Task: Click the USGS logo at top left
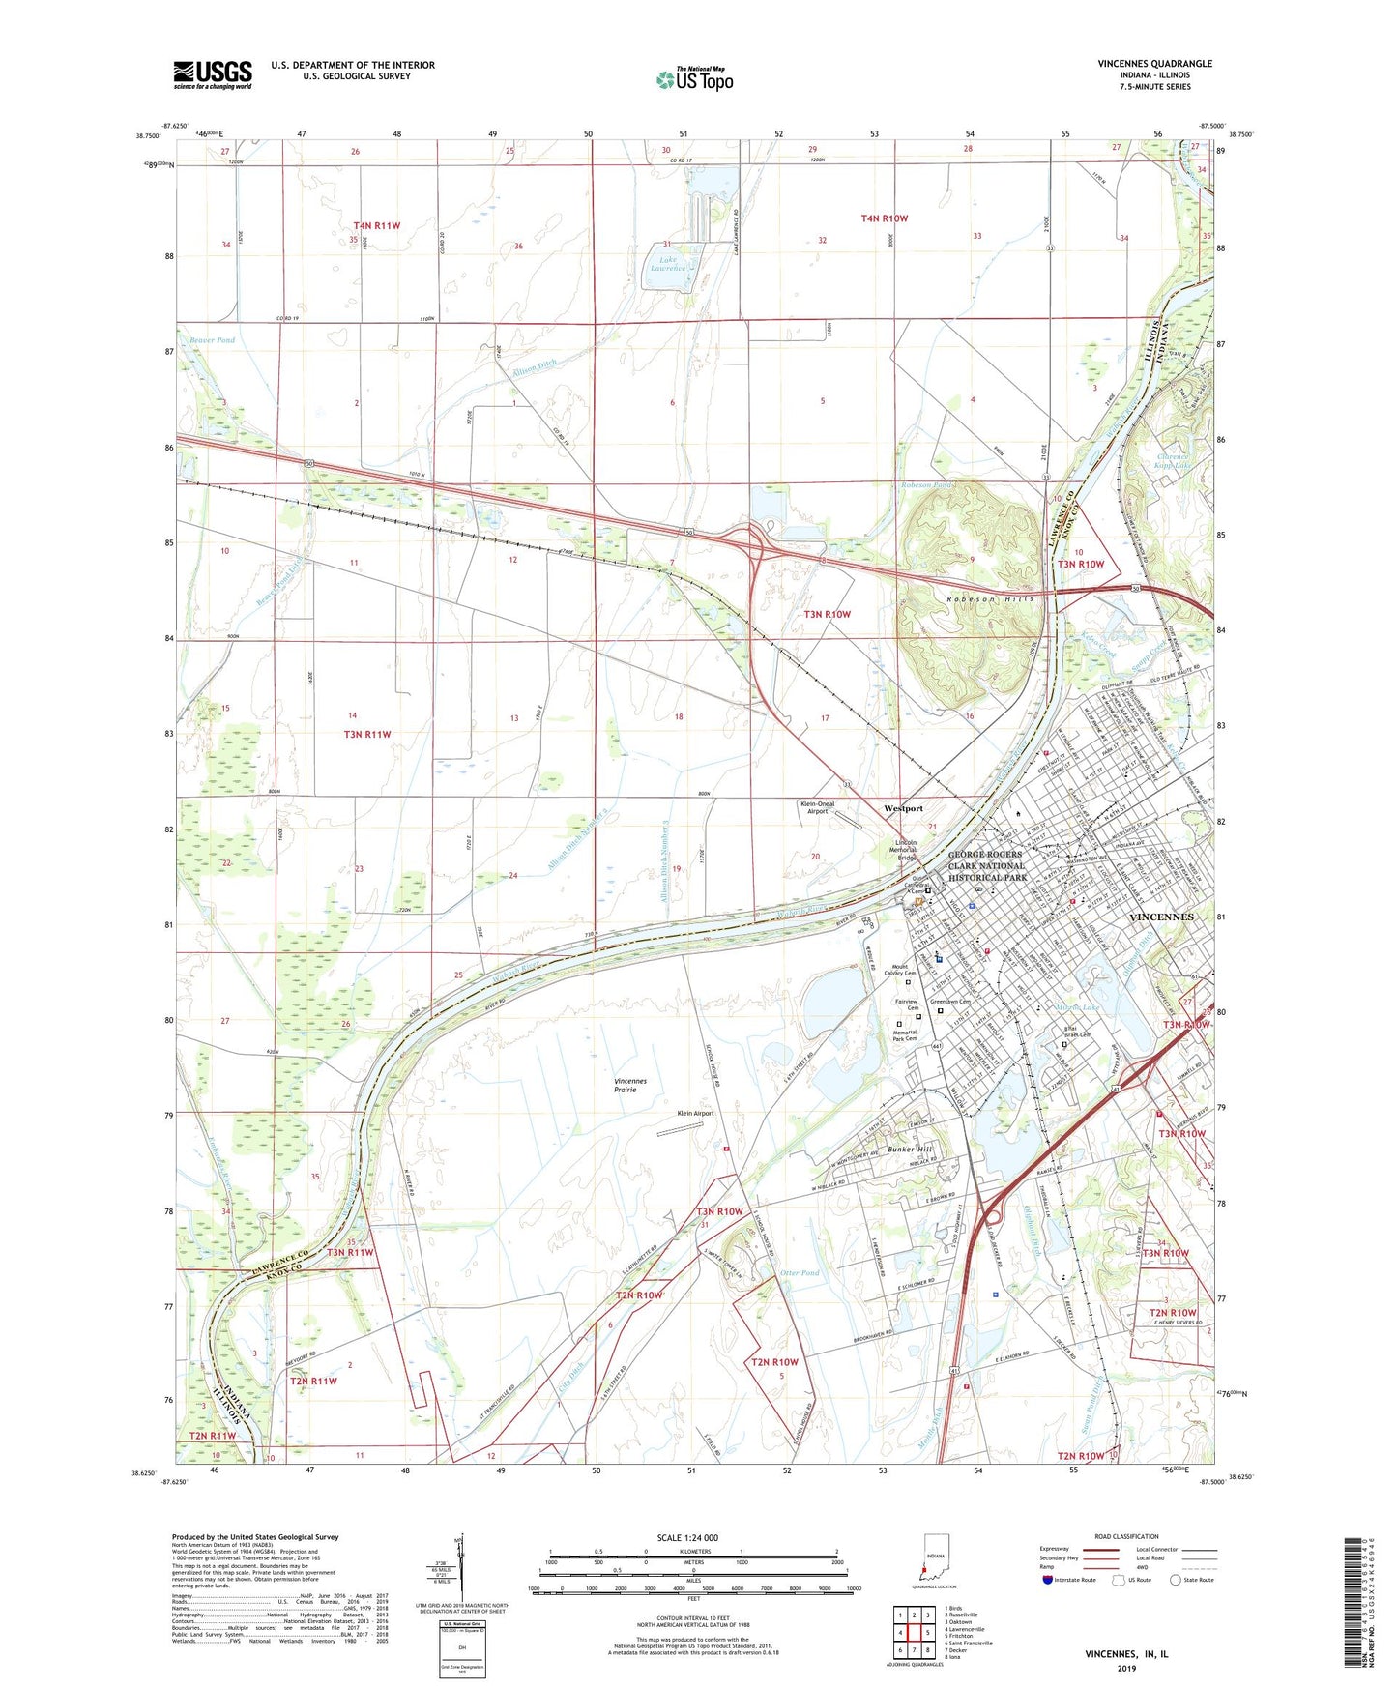[x=213, y=74]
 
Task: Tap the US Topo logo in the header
[x=694, y=79]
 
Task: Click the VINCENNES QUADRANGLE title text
[x=1154, y=64]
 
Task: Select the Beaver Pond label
[x=212, y=340]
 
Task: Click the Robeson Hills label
[x=990, y=599]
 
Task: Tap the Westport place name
[x=903, y=808]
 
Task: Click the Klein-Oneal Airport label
[x=818, y=807]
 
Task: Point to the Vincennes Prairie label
[x=630, y=1085]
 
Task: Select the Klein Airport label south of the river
[x=695, y=1113]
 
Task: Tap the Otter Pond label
[x=799, y=1273]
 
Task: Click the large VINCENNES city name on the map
[x=1161, y=916]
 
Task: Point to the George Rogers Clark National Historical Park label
[x=986, y=866]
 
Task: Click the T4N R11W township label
[x=376, y=225]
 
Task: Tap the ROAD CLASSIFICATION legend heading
[x=1126, y=1536]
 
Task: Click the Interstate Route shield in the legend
[x=1047, y=1580]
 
